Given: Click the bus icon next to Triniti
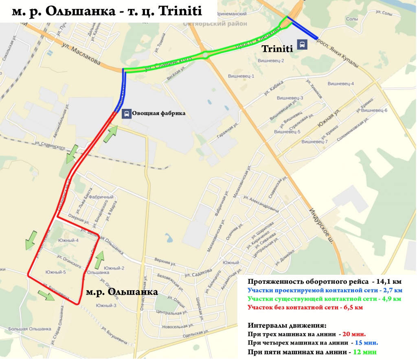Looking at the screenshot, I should tap(302, 44).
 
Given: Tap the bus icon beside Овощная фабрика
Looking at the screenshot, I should tap(127, 113).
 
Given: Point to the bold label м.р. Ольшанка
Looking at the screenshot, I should tap(122, 292).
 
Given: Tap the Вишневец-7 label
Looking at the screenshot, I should tap(315, 141).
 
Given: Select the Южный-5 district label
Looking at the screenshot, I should tap(56, 272).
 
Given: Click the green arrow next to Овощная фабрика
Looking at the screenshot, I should tap(110, 134).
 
